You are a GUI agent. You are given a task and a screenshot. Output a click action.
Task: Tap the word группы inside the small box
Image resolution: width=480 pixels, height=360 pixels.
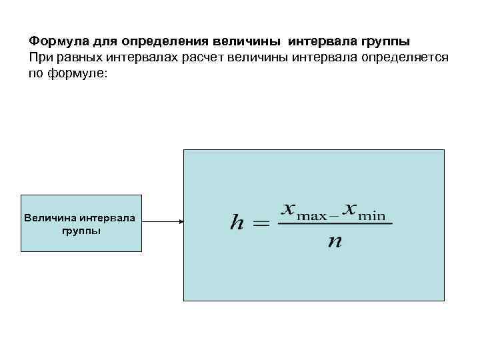(81, 231)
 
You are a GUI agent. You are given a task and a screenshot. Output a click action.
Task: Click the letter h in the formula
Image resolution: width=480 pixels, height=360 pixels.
(237, 223)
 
